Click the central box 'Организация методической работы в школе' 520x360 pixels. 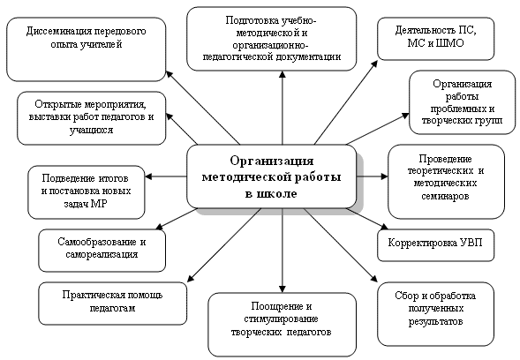pyautogui.click(x=272, y=176)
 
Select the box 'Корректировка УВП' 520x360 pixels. pyautogui.click(x=435, y=244)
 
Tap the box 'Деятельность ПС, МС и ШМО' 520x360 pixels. pyautogui.click(x=435, y=39)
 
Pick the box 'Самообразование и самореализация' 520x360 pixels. pyautogui.click(x=102, y=251)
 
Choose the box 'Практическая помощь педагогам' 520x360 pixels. pyautogui.click(x=112, y=304)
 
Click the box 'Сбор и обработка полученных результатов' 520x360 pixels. pyautogui.click(x=435, y=314)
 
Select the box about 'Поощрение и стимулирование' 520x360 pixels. pyautogui.click(x=283, y=325)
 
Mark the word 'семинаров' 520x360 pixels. pyautogui.click(x=445, y=196)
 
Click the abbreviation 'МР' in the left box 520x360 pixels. pyautogui.click(x=99, y=204)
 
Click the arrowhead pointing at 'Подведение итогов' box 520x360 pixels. pyautogui.click(x=148, y=176)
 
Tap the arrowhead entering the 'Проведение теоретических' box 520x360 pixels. pyautogui.click(x=384, y=176)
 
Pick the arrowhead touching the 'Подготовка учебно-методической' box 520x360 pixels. pyautogui.click(x=283, y=75)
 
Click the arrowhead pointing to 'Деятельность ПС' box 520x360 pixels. pyautogui.click(x=374, y=64)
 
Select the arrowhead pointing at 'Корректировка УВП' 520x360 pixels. pyautogui.click(x=384, y=227)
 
